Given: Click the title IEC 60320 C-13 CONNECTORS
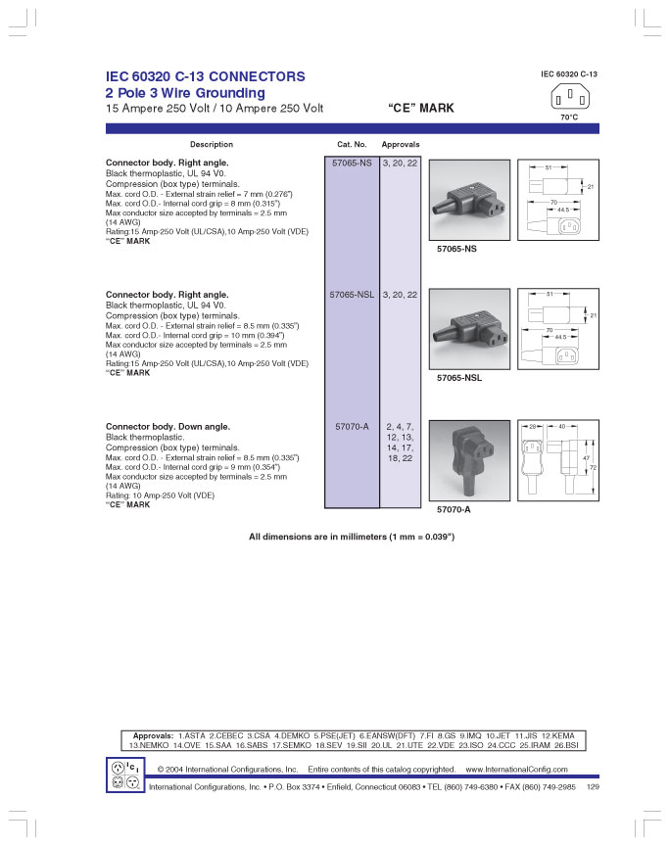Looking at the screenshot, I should [205, 76].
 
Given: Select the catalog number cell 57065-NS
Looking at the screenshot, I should [352, 163].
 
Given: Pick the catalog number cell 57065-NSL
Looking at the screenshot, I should [352, 294].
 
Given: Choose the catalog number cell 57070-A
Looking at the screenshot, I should [352, 426].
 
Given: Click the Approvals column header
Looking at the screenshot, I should [400, 145].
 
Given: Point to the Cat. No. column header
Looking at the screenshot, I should [352, 145].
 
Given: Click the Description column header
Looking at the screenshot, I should [211, 145].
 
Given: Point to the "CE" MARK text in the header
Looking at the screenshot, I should [421, 109].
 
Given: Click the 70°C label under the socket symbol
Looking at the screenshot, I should [568, 117].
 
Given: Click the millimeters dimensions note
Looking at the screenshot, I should [352, 538].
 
